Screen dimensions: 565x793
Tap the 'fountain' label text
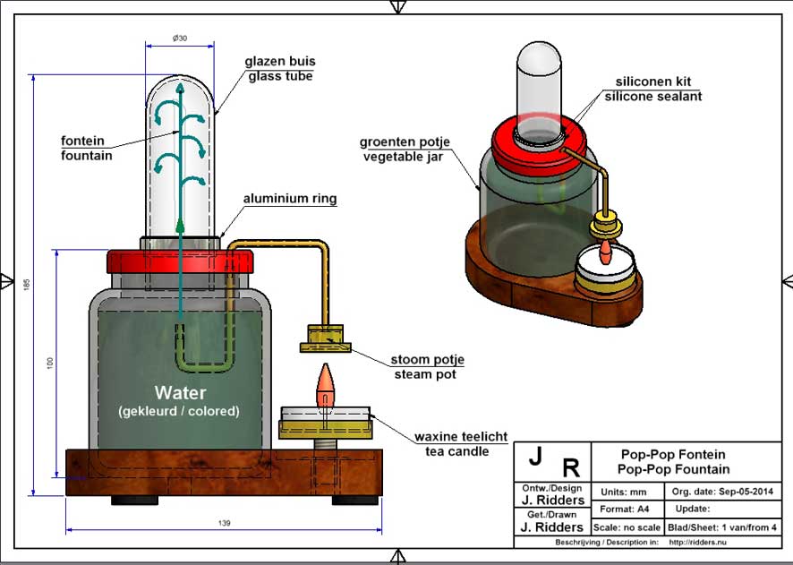click(87, 156)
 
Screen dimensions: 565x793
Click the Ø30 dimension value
click(180, 38)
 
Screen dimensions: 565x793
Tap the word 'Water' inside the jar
click(180, 393)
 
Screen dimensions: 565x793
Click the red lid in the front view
click(180, 261)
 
